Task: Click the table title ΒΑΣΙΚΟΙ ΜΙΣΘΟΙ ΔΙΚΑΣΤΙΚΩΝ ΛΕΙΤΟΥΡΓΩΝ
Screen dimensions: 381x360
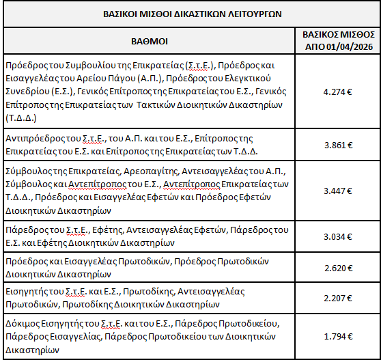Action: tap(190, 13)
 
